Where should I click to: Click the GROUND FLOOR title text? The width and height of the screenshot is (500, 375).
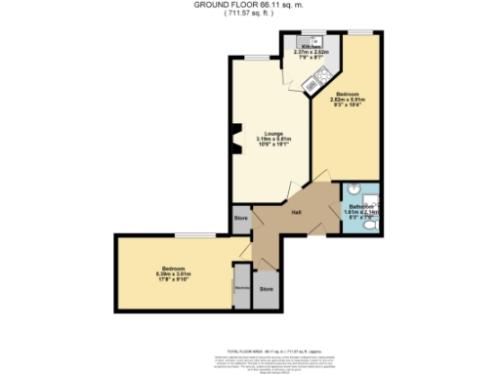pos(250,6)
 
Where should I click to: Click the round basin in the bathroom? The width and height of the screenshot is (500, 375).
pos(354,191)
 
